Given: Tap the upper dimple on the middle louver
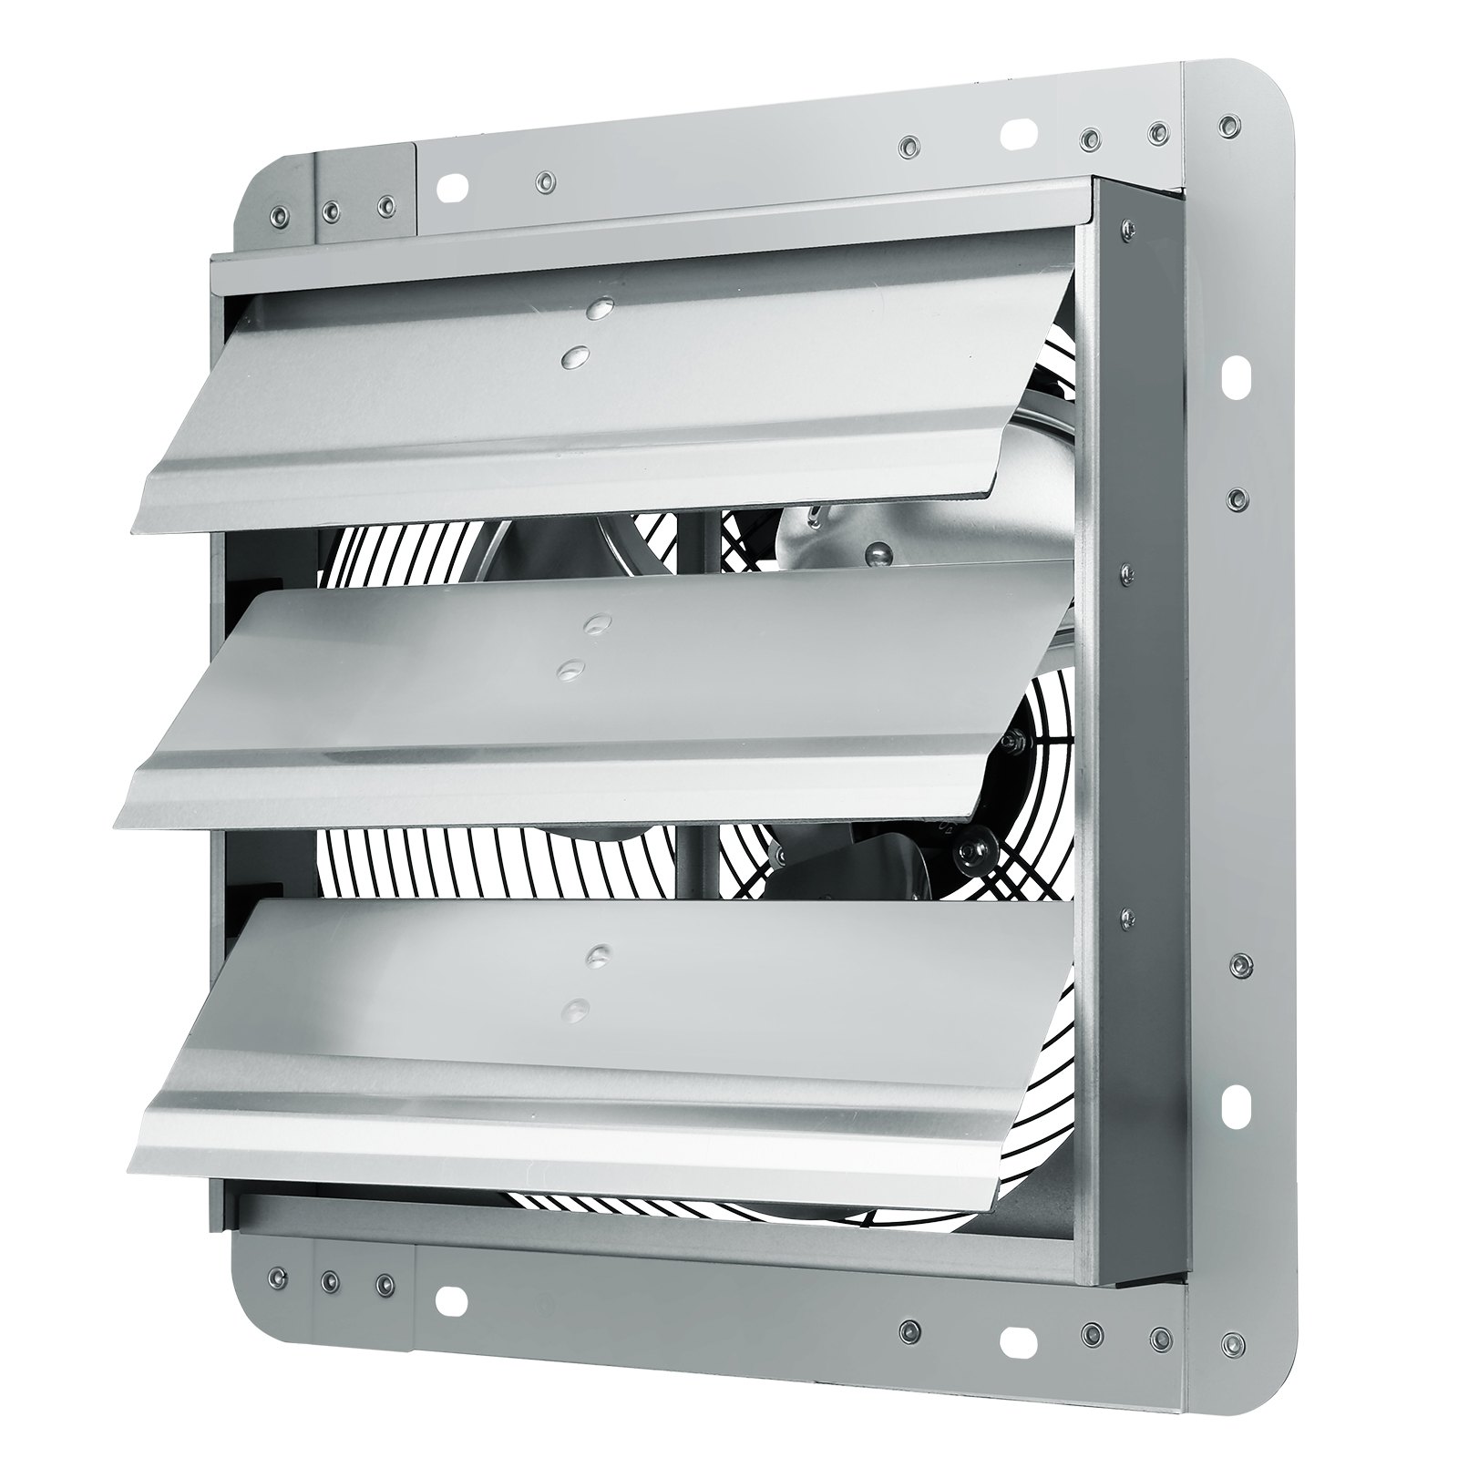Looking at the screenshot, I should coord(597,623).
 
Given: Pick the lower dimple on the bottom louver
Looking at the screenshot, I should coord(575,1008).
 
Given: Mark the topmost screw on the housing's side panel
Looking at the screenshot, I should coord(1130,227).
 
